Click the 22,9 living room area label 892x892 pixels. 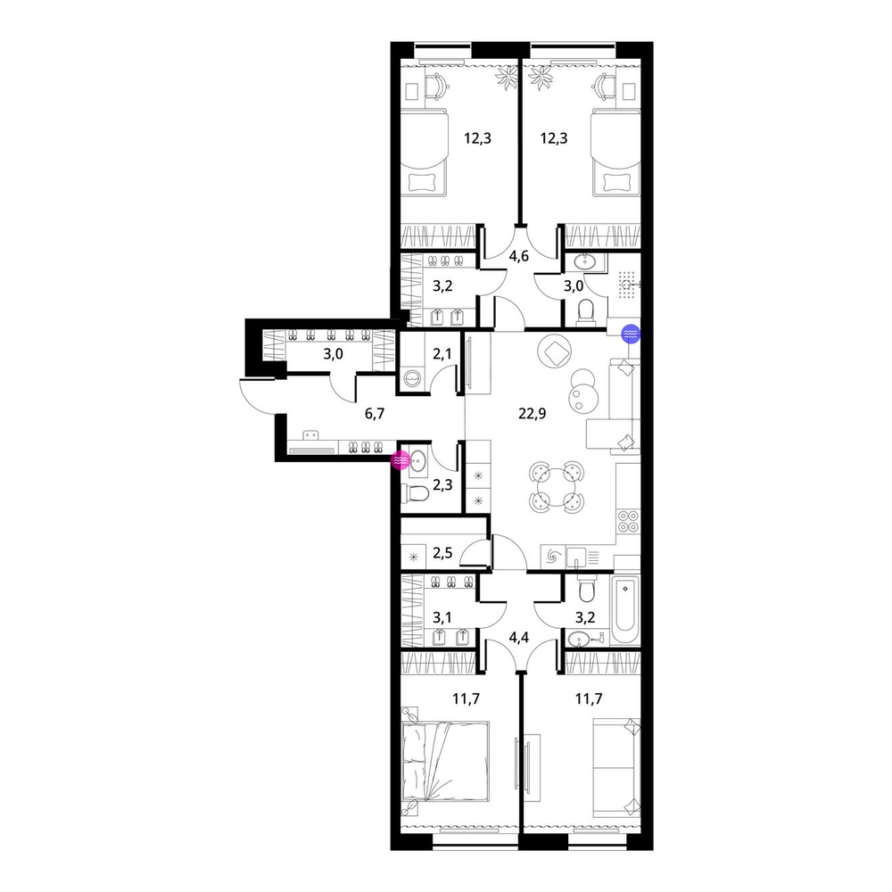pyautogui.click(x=532, y=414)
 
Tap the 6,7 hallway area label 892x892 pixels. pyautogui.click(x=375, y=414)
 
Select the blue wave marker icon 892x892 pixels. pyautogui.click(x=631, y=334)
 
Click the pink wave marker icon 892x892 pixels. pyautogui.click(x=401, y=459)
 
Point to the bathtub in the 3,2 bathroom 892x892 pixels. pyautogui.click(x=624, y=609)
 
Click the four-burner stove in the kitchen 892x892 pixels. pyautogui.click(x=628, y=522)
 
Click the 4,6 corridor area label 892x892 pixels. pyautogui.click(x=518, y=257)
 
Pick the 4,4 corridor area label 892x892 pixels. pyautogui.click(x=518, y=637)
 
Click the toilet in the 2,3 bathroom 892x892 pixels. pyautogui.click(x=414, y=494)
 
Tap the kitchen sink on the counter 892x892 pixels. pyautogui.click(x=575, y=556)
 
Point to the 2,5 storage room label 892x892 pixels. pyautogui.click(x=442, y=552)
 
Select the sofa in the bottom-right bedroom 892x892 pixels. pyautogui.click(x=616, y=767)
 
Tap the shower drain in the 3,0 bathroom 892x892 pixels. pyautogui.click(x=627, y=285)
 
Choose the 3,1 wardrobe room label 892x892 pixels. pyautogui.click(x=442, y=617)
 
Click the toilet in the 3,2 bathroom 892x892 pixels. pyautogui.click(x=585, y=590)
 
